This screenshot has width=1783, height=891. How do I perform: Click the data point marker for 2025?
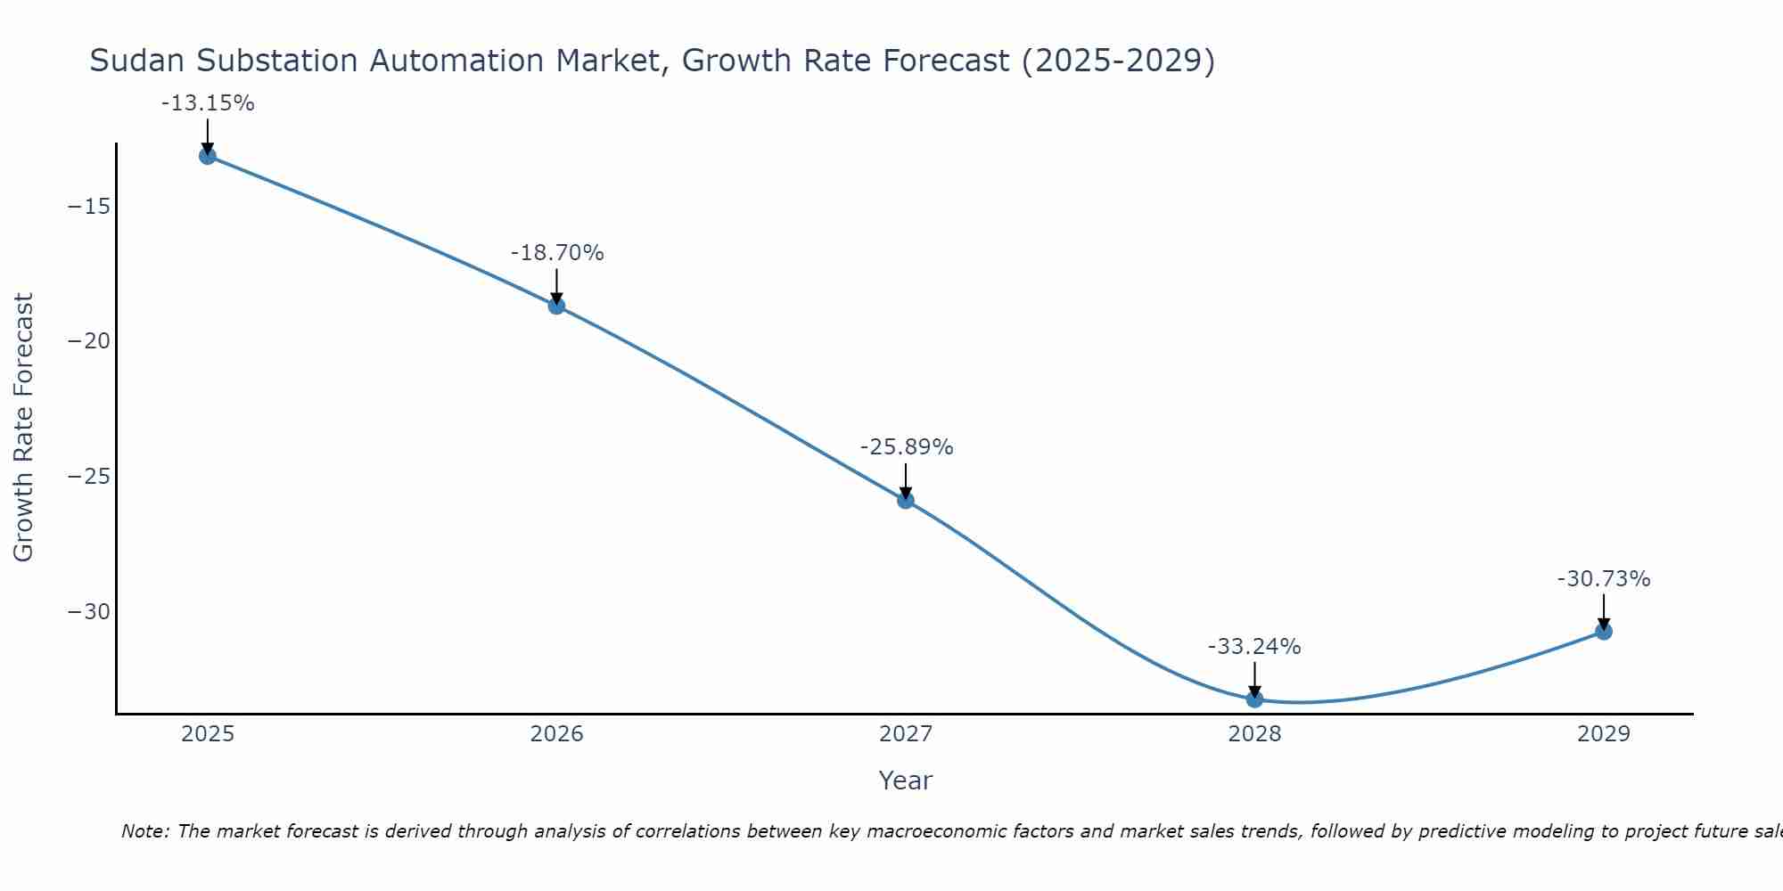208,156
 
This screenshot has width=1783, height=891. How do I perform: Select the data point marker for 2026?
556,306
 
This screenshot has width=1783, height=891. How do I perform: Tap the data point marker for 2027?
906,500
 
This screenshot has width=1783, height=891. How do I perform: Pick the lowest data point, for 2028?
1254,699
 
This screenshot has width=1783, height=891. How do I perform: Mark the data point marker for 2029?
1604,632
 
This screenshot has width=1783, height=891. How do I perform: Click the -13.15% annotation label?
208,103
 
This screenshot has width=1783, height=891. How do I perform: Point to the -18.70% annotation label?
557,253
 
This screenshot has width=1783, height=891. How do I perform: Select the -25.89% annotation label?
907,447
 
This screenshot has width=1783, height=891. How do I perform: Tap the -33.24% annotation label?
1254,647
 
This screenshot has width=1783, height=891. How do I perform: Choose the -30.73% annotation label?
1604,579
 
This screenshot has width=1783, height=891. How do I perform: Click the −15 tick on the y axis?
89,207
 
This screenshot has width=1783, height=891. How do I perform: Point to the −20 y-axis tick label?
89,341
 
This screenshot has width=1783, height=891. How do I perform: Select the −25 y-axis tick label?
89,477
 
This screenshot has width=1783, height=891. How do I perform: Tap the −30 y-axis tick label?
89,612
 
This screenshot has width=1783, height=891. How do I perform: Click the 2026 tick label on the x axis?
556,734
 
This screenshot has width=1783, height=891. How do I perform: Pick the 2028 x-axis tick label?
1254,734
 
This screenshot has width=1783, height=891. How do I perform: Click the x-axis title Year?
905,781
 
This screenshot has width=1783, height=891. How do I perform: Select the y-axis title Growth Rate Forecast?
23,428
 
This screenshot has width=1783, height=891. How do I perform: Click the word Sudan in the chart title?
137,61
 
